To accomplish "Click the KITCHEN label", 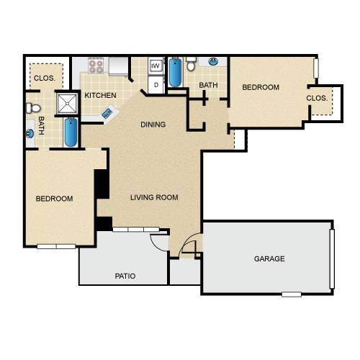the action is pos(100,96).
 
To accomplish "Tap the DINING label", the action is pos(153,125).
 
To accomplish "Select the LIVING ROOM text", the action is pos(154,197).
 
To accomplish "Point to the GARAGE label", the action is pos(269,258).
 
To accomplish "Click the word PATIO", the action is pos(125,276).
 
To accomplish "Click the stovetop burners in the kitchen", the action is pos(96,66).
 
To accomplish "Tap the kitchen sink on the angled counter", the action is pos(107,113).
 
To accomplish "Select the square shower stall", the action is pos(67,104).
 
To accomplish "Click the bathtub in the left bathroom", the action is pos(71,132).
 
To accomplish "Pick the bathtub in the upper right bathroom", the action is pos(175,72).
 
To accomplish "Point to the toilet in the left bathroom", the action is pos(33,108).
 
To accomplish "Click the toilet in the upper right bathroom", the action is pos(191,64).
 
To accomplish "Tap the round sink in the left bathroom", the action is pos(30,133).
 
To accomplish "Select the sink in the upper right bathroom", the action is pos(213,61).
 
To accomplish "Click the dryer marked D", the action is pos(156,85).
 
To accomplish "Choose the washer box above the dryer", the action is pos(156,66).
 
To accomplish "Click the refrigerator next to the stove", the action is pos(118,66).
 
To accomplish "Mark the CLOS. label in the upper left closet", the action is pos(45,78).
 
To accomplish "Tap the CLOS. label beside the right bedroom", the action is pos(317,98).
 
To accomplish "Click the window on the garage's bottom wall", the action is pos(292,294).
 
